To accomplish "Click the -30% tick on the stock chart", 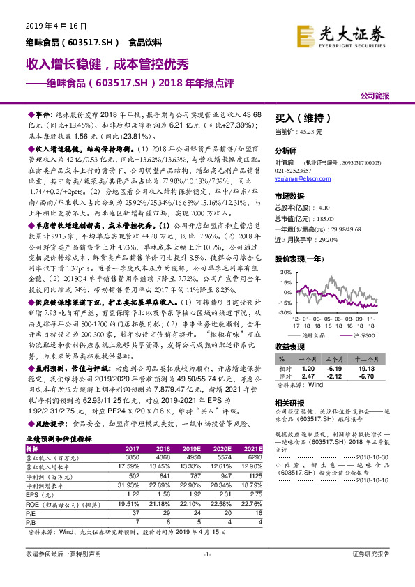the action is click(x=285, y=313).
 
